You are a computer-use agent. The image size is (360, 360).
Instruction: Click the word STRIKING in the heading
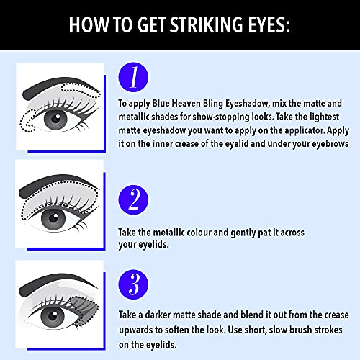click(207, 24)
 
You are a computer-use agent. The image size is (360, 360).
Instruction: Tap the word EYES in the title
click(269, 24)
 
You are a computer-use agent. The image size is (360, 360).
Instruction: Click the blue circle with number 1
click(133, 77)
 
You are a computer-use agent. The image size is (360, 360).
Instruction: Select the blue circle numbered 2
click(133, 199)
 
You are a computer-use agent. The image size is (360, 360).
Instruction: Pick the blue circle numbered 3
click(133, 284)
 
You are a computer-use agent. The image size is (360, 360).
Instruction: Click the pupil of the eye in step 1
click(55, 119)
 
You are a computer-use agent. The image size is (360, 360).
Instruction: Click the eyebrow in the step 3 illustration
click(56, 283)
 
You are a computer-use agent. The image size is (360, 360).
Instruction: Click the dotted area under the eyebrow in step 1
click(81, 90)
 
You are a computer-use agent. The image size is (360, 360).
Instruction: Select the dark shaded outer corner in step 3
click(85, 310)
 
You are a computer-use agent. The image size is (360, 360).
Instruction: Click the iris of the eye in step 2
click(53, 219)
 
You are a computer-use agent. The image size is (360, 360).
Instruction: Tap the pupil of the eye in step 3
click(53, 316)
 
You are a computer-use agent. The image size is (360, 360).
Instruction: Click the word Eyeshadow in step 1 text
click(247, 104)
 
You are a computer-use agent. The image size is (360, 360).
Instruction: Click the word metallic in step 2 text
click(168, 233)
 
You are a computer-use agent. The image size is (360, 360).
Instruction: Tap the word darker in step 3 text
click(158, 315)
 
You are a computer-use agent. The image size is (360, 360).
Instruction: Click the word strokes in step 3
click(328, 330)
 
